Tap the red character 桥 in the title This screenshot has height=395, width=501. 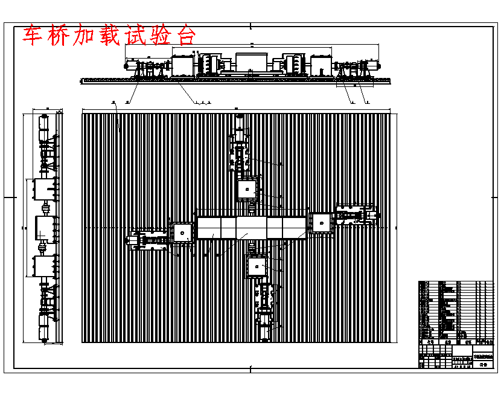click(x=59, y=36)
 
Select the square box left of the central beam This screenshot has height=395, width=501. click(x=183, y=232)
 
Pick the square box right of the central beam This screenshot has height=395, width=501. click(x=322, y=223)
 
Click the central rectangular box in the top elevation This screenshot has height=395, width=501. click(x=250, y=62)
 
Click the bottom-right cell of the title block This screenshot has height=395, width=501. click(x=483, y=364)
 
